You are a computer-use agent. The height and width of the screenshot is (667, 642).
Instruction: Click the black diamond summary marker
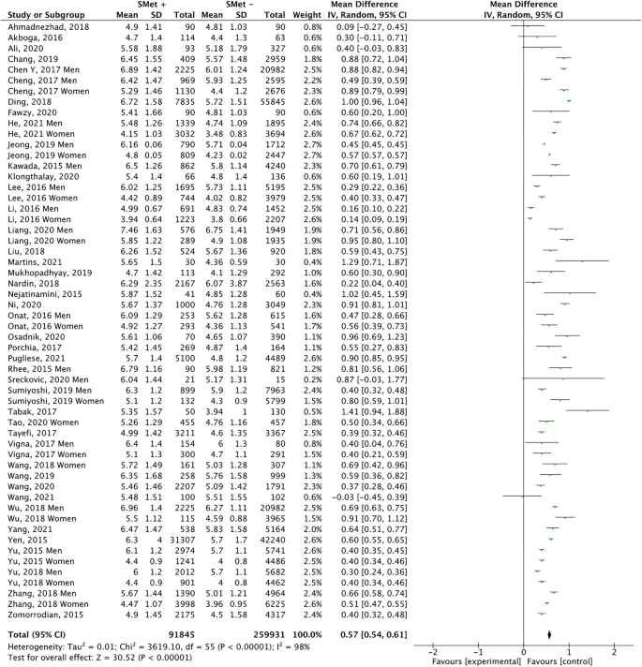[548, 635]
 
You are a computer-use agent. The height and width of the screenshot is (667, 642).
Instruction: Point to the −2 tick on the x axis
[431, 650]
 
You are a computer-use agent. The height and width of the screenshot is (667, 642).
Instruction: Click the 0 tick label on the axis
[523, 650]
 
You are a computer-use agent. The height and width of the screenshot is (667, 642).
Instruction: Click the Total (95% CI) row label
[34, 634]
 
